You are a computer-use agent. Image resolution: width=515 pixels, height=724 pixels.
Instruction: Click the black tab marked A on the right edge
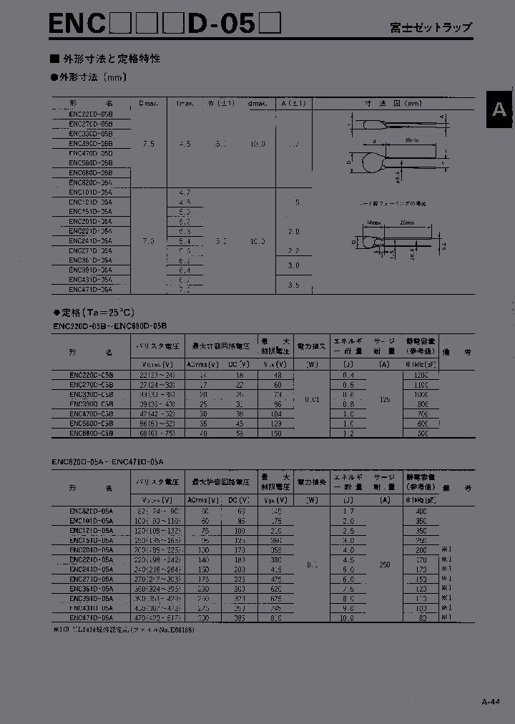499,110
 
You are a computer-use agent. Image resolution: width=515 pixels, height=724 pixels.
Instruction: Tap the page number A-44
490,703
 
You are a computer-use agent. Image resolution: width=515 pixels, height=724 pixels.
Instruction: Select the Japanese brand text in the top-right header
441,27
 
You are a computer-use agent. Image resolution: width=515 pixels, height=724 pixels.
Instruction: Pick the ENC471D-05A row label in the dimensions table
91,290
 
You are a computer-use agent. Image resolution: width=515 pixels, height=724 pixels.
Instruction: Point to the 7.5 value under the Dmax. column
148,144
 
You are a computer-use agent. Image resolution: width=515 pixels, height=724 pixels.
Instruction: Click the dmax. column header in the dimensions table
257,103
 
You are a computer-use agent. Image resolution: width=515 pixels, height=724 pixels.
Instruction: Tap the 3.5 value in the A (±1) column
293,285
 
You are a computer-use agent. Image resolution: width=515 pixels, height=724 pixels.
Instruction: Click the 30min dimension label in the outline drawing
411,140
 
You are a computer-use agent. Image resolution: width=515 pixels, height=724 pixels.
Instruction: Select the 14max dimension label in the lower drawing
372,223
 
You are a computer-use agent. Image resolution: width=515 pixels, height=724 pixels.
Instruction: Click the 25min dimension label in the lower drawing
408,223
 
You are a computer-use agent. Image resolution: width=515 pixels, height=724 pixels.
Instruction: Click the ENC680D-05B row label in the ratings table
91,433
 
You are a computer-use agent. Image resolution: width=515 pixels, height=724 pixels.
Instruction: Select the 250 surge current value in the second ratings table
385,564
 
